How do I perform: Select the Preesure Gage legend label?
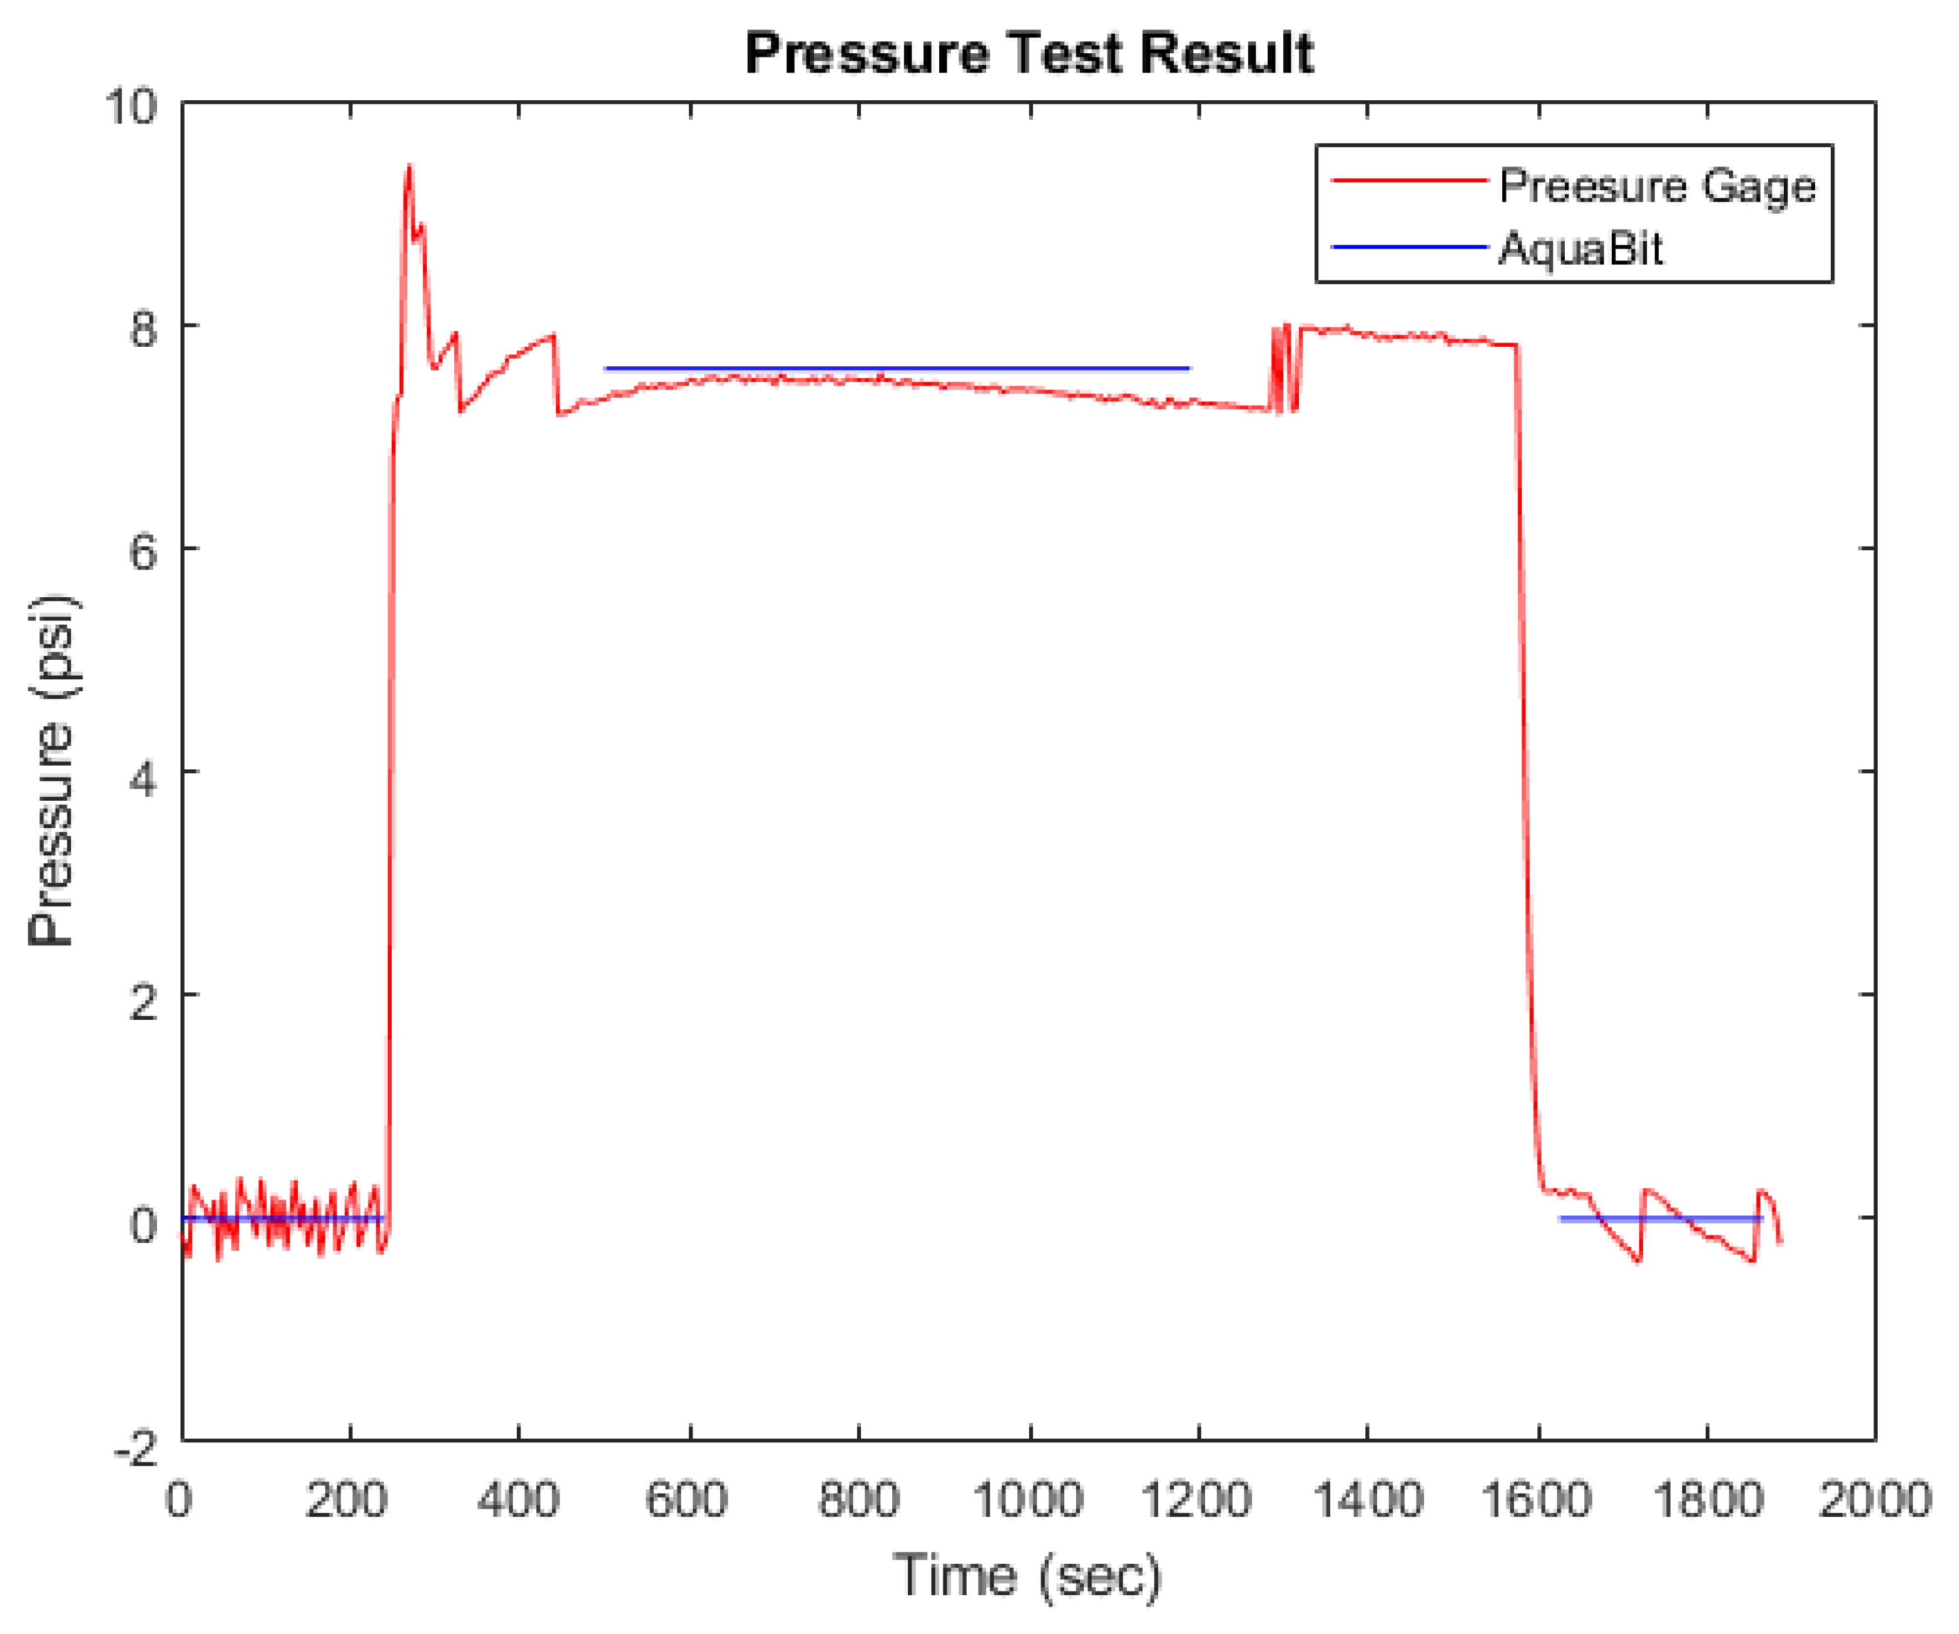pos(1657,187)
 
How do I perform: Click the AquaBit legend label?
pos(1580,249)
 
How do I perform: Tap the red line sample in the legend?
pos(1408,180)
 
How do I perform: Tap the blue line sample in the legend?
pos(1408,247)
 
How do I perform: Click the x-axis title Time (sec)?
pos(1027,1576)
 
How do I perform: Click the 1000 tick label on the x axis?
pos(1027,1501)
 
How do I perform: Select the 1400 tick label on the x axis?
pos(1368,1501)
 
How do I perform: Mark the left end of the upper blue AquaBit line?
pos(606,369)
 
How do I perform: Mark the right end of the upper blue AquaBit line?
pos(1189,369)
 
